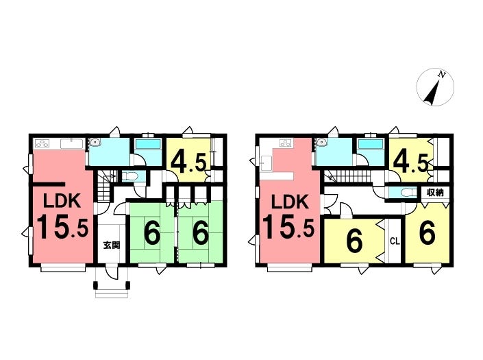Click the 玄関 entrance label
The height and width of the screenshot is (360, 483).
112,245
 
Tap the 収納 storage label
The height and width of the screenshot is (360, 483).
435,193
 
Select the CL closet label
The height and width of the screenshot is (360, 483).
395,241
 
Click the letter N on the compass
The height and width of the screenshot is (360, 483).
442,74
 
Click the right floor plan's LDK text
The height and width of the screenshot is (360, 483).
289,202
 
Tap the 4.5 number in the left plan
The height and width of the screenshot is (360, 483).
188,162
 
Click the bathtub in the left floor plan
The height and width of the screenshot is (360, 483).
148,144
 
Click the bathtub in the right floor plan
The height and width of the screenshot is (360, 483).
370,144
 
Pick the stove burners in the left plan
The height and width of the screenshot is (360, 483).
42,143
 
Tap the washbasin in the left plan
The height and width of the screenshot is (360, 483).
95,143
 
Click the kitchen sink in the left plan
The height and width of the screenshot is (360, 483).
71,143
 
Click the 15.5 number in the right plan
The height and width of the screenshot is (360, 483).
288,228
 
